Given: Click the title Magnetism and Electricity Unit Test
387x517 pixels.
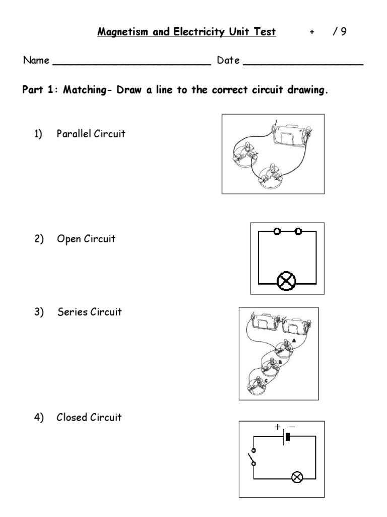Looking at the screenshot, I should pyautogui.click(x=186, y=32).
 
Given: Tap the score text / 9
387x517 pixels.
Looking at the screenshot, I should pyautogui.click(x=339, y=32).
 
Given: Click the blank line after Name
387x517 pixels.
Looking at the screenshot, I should pyautogui.click(x=132, y=63).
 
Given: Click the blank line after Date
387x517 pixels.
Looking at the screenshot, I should pyautogui.click(x=303, y=63).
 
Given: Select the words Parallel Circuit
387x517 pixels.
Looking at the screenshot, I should pyautogui.click(x=91, y=134).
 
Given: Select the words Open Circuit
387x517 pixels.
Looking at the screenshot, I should pyautogui.click(x=86, y=239).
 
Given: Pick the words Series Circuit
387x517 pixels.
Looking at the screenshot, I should pyautogui.click(x=89, y=312).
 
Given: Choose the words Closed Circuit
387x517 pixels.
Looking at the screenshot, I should pyautogui.click(x=89, y=417).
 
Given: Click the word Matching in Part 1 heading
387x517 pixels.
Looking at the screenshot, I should pyautogui.click(x=84, y=91).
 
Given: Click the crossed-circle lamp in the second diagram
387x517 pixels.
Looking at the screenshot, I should pyautogui.click(x=287, y=282).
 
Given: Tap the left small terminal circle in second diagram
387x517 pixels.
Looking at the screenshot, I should pyautogui.click(x=277, y=231).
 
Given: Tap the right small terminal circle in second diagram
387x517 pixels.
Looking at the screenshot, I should pyautogui.click(x=298, y=231).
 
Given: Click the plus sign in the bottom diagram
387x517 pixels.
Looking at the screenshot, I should pyautogui.click(x=277, y=427).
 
